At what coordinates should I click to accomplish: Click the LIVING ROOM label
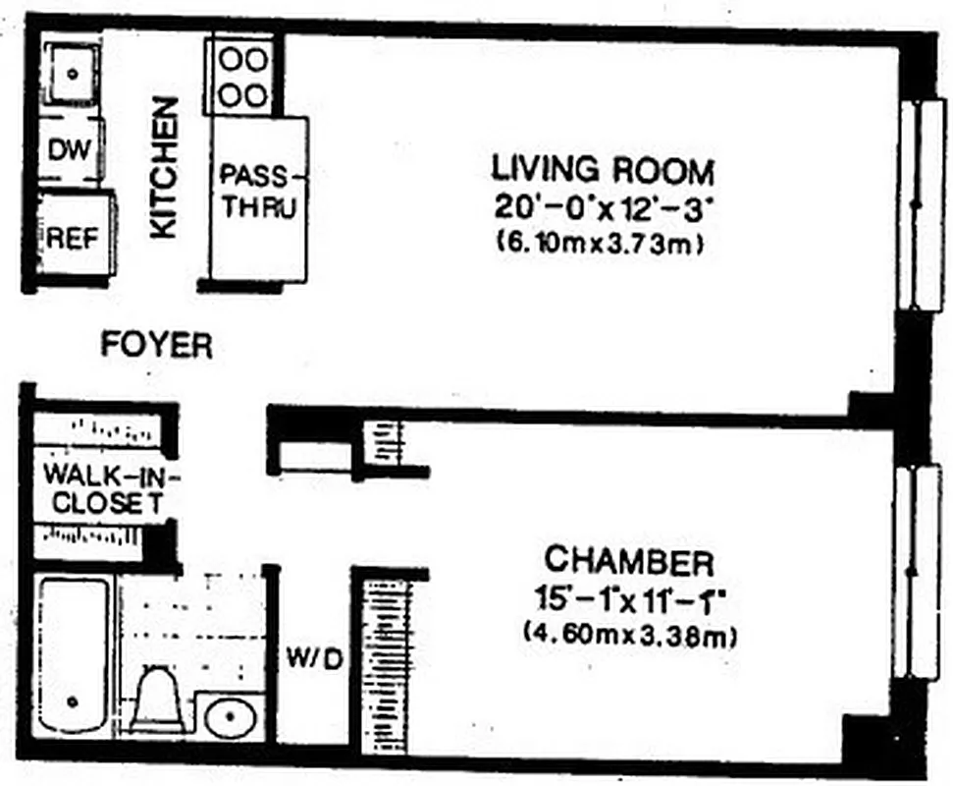point(603,170)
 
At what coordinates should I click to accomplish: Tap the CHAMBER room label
point(629,563)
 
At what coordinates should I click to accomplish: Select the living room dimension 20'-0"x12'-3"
point(603,207)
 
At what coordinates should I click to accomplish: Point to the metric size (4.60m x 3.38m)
point(630,635)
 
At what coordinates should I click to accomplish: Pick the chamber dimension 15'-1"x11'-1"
point(629,598)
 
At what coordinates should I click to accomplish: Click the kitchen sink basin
point(71,72)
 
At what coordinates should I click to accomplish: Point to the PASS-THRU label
point(257,193)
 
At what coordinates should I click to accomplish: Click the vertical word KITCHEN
point(164,166)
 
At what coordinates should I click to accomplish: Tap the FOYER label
point(157,345)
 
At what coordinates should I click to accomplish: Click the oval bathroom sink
point(232,718)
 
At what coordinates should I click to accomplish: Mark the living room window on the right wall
point(921,204)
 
